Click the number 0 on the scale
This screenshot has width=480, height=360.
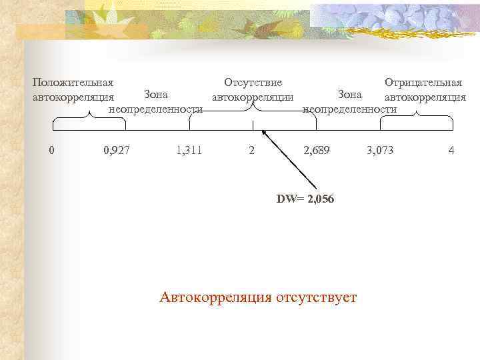pyautogui.click(x=52, y=151)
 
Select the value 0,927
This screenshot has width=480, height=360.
pyautogui.click(x=117, y=151)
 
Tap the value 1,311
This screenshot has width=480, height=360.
pyautogui.click(x=189, y=151)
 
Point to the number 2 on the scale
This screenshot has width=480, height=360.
pyautogui.click(x=251, y=151)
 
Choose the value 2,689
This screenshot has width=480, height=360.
pyautogui.click(x=316, y=151)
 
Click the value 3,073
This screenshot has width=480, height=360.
pyautogui.click(x=380, y=151)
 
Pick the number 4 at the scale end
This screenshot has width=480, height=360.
pyautogui.click(x=451, y=151)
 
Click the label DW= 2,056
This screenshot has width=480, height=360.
pyautogui.click(x=305, y=199)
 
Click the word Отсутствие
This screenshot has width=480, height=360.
pyautogui.click(x=253, y=83)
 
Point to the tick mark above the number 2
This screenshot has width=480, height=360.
pyautogui.click(x=252, y=125)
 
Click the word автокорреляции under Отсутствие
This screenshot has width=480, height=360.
pyautogui.click(x=253, y=97)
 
